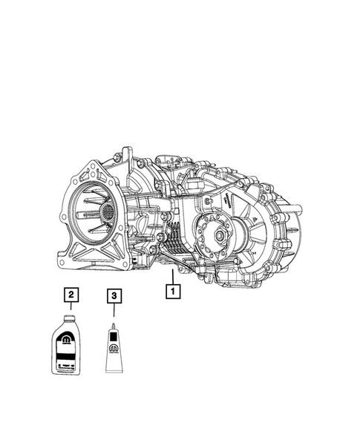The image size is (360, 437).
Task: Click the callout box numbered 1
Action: (173, 292)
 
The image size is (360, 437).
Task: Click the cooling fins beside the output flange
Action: (177, 237)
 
